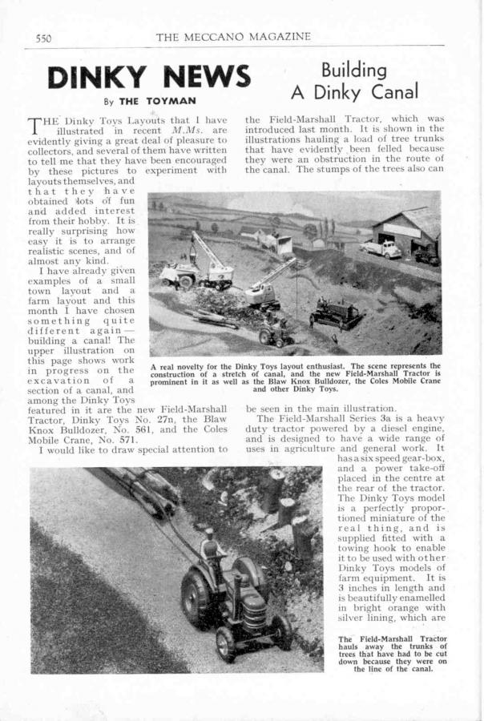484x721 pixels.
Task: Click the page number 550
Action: pos(43,38)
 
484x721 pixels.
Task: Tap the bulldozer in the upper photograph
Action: pos(335,313)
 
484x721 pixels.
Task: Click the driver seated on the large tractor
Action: pos(211,549)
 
